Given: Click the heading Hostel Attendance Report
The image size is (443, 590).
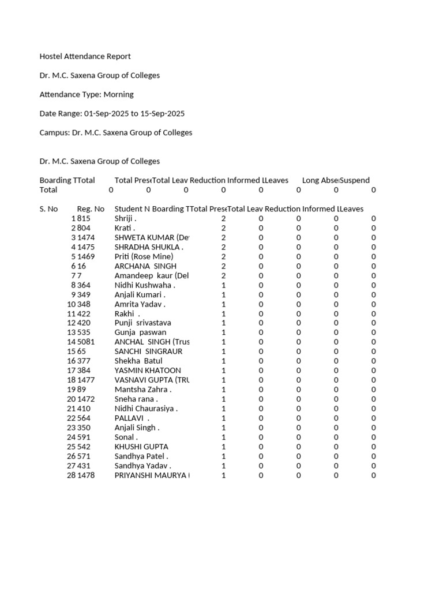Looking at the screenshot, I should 85,56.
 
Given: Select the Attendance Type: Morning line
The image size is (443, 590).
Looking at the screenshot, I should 86,94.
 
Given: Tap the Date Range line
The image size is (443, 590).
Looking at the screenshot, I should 112,114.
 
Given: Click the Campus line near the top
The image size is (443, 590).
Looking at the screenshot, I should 115,133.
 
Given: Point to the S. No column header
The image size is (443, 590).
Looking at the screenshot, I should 48,209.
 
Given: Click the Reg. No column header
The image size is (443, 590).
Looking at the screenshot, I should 91,209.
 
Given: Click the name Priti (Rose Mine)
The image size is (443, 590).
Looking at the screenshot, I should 144,256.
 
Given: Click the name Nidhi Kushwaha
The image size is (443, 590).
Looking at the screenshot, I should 145,285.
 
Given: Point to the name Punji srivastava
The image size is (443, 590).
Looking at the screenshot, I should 142,323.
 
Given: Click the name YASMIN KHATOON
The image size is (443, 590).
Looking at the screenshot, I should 148,370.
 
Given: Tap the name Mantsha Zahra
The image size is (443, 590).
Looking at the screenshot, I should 142,389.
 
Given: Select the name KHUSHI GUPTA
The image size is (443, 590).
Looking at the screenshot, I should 141,447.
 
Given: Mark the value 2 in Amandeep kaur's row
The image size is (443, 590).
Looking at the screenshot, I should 223,275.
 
